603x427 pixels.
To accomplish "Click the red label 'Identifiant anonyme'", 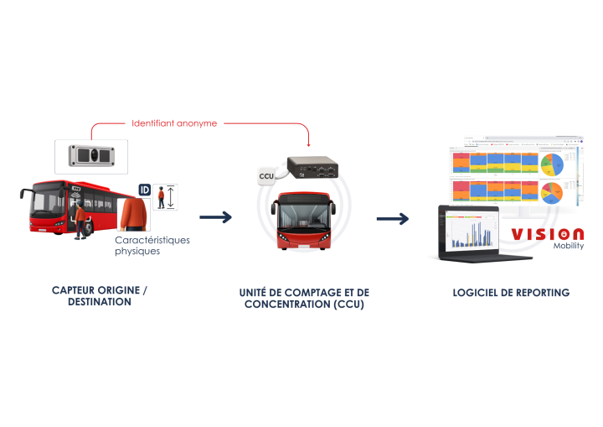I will (174, 123).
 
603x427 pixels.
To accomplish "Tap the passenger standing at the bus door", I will (80, 220).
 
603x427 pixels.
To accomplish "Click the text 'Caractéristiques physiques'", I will (152, 245).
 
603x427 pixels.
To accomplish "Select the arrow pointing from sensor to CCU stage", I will (215, 218).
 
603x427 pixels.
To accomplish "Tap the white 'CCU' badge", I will (266, 176).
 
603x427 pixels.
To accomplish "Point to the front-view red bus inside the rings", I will (303, 220).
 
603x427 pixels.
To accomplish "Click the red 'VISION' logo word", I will (548, 234).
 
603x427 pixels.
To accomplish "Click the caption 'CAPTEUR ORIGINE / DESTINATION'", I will (100, 296).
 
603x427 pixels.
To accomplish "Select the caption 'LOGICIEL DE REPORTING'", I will (511, 293).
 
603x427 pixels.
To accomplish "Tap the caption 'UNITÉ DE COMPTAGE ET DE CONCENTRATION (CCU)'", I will (304, 299).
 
